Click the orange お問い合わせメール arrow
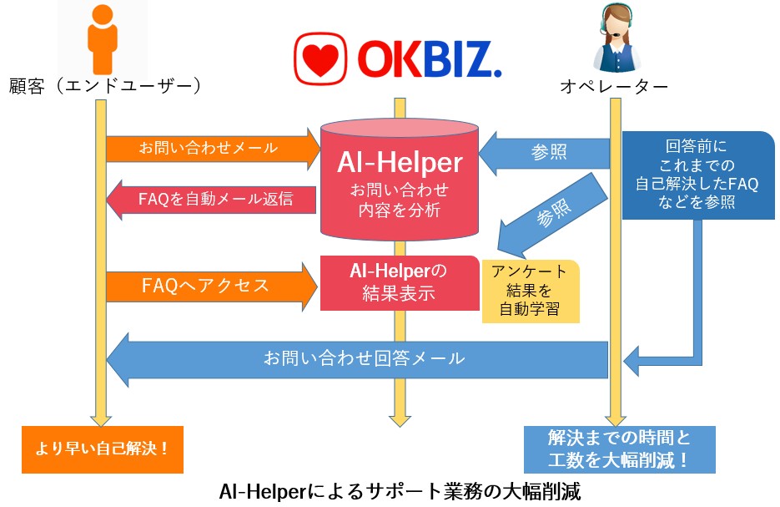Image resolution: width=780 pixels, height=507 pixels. point(209,149)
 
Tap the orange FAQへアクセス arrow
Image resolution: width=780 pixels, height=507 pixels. point(209,286)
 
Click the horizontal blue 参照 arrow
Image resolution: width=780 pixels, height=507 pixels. point(551,152)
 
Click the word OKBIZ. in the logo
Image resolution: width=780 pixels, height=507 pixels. point(429,58)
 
